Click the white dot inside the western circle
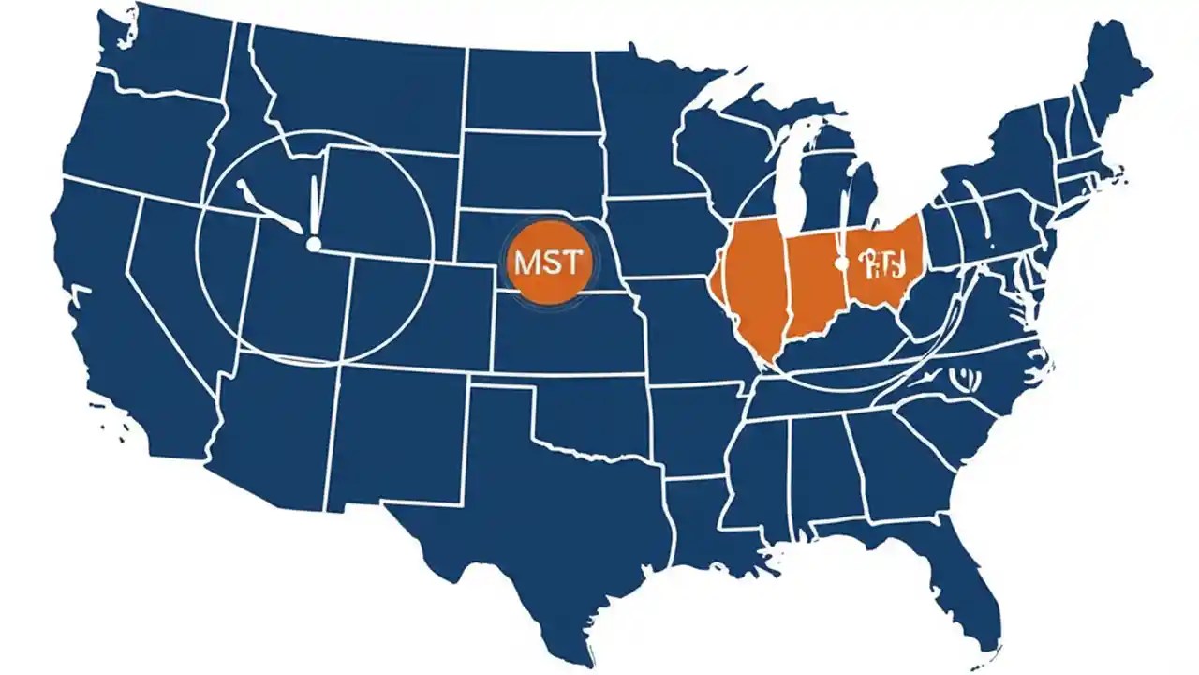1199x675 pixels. [314, 244]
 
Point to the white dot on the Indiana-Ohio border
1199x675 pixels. [841, 263]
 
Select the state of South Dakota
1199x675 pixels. [529, 173]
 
